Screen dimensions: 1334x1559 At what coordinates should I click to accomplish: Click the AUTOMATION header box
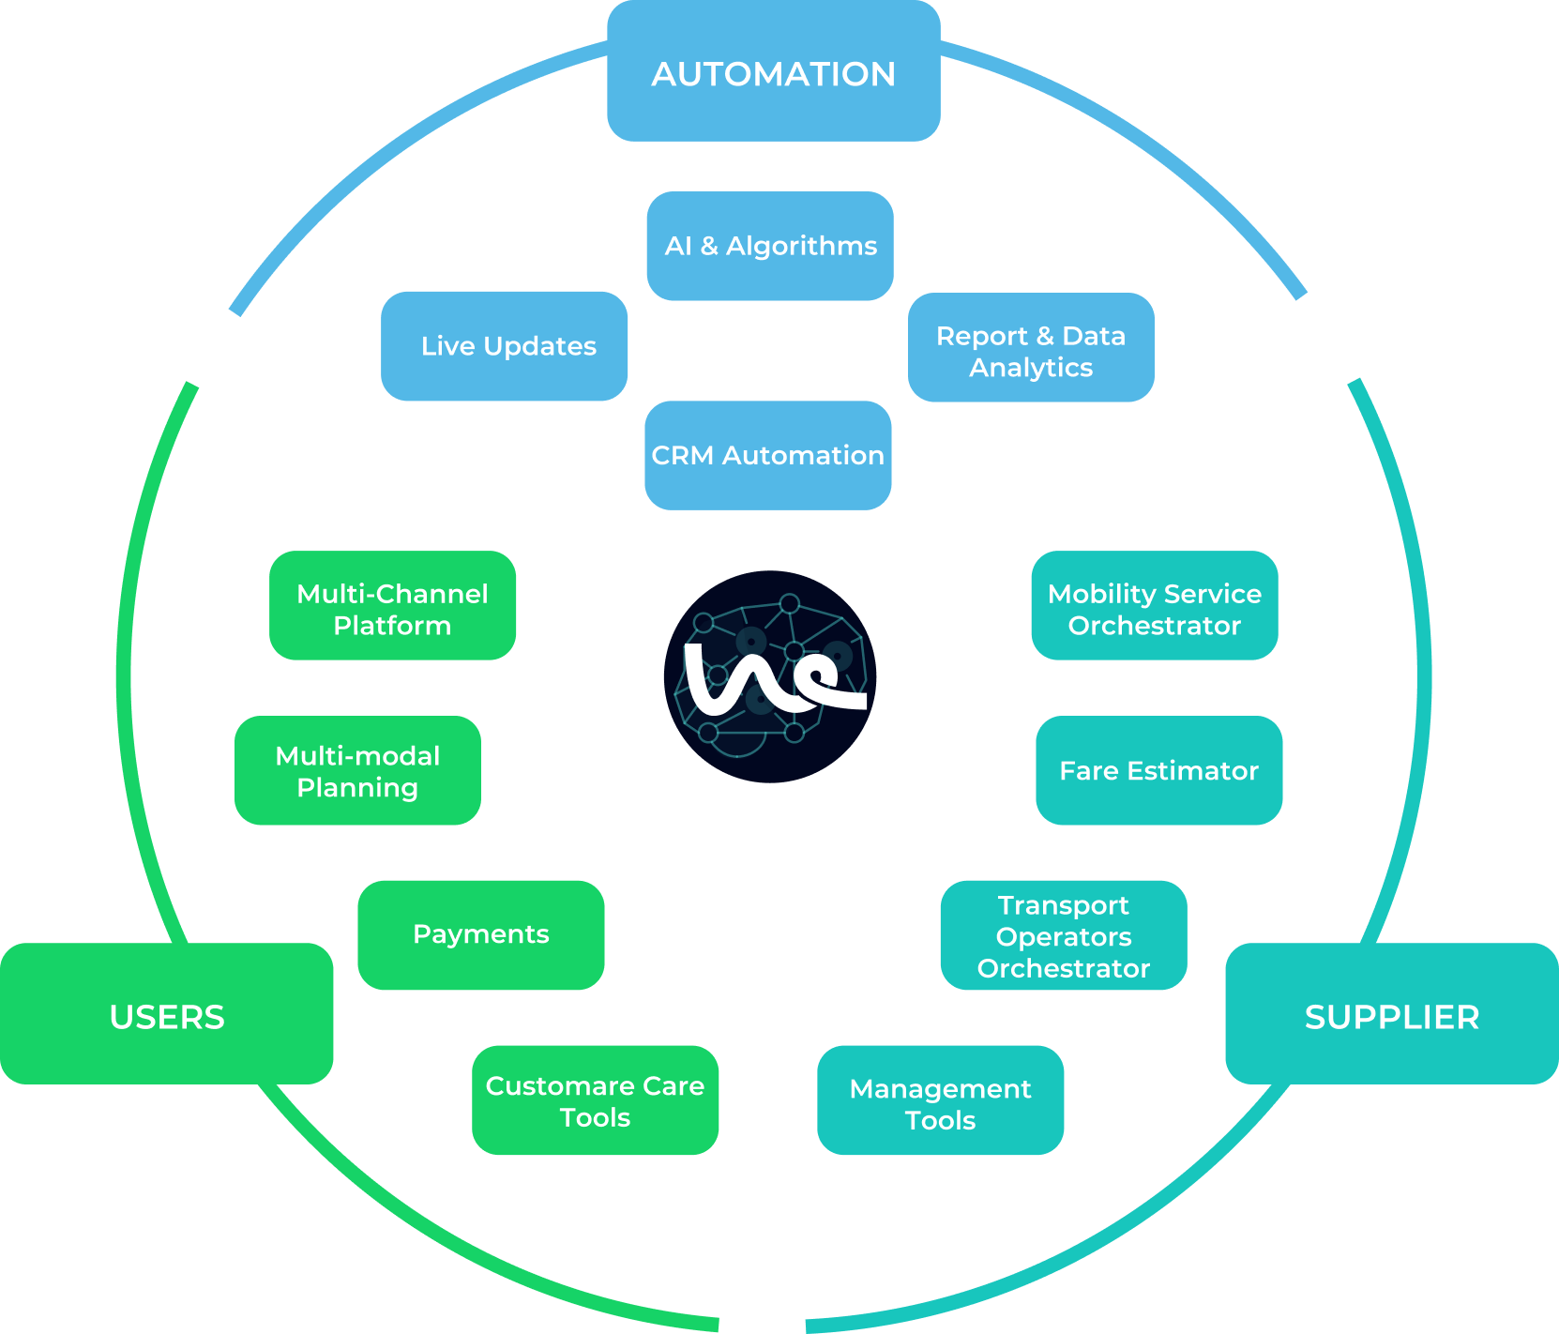(x=773, y=72)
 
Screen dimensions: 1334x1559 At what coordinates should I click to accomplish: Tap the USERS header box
(x=167, y=1015)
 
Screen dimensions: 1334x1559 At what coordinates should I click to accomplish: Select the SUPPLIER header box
(x=1391, y=1015)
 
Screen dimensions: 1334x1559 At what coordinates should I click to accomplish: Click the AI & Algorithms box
(x=769, y=246)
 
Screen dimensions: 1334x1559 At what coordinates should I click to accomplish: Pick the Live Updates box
(x=505, y=346)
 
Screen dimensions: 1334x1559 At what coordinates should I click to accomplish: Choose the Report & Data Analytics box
(x=1031, y=348)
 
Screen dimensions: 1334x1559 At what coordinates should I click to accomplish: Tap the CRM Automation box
(x=767, y=456)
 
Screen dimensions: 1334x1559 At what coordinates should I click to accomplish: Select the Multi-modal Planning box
(x=357, y=770)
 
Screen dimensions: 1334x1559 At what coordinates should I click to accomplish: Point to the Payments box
(x=480, y=934)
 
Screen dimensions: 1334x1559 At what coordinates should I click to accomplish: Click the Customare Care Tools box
(x=595, y=1099)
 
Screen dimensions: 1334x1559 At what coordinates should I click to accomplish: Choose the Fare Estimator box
(x=1158, y=770)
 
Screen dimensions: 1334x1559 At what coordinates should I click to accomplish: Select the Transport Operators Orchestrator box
(x=1063, y=935)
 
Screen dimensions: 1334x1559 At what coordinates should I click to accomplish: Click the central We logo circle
(x=770, y=676)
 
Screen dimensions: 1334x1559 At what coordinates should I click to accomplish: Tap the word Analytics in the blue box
(x=1031, y=368)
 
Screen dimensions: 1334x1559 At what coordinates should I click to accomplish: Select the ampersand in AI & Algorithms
(x=709, y=246)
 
